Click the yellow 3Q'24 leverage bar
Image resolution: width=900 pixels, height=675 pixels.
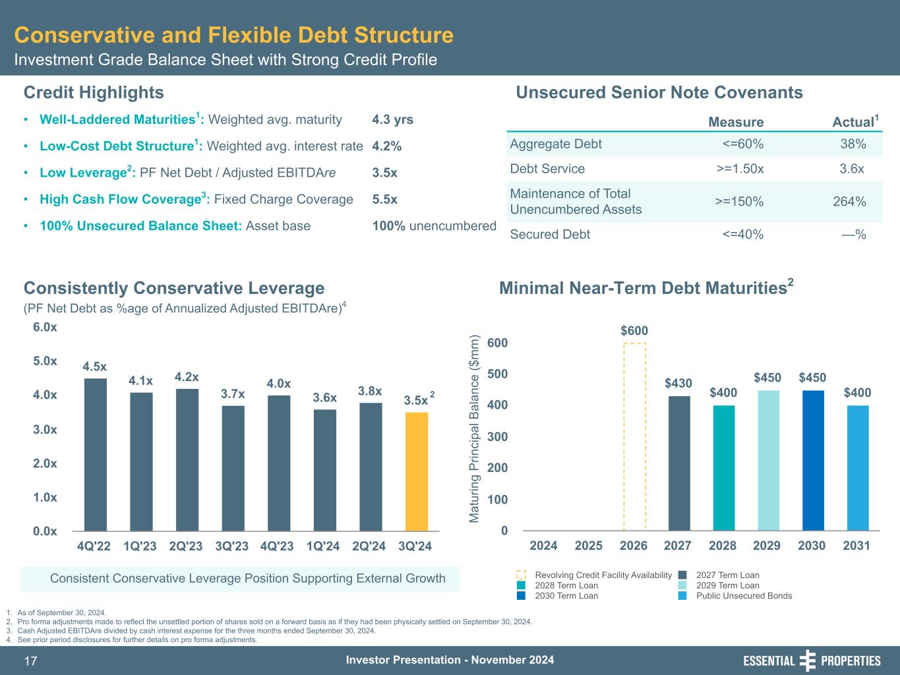pyautogui.click(x=417, y=471)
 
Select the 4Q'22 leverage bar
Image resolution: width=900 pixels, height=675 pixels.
pyautogui.click(x=96, y=454)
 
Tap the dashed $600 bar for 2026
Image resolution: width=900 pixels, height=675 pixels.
pyautogui.click(x=634, y=436)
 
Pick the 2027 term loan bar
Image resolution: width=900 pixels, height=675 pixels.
pyautogui.click(x=679, y=463)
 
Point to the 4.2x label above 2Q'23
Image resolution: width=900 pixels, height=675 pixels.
pyautogui.click(x=187, y=377)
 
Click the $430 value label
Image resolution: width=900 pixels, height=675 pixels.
pyautogui.click(x=678, y=383)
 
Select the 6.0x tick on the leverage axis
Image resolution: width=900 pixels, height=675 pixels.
pyautogui.click(x=45, y=328)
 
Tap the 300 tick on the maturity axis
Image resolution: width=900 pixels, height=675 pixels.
pyautogui.click(x=497, y=436)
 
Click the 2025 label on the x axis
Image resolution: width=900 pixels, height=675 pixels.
pyautogui.click(x=589, y=546)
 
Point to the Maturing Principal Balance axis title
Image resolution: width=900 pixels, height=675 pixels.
pyautogui.click(x=474, y=429)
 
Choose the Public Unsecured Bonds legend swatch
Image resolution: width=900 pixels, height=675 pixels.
pyautogui.click(x=683, y=596)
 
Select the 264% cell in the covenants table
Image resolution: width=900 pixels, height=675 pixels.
pyautogui.click(x=849, y=202)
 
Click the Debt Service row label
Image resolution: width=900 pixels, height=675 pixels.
pyautogui.click(x=547, y=169)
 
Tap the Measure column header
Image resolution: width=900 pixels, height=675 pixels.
pyautogui.click(x=736, y=122)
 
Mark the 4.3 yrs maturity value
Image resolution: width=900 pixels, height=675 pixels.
pyautogui.click(x=392, y=120)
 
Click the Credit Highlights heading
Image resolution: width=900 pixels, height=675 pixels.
pyautogui.click(x=94, y=92)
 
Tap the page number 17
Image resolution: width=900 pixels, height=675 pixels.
pyautogui.click(x=32, y=661)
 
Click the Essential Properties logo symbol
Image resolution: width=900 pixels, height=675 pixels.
pyautogui.click(x=808, y=660)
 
